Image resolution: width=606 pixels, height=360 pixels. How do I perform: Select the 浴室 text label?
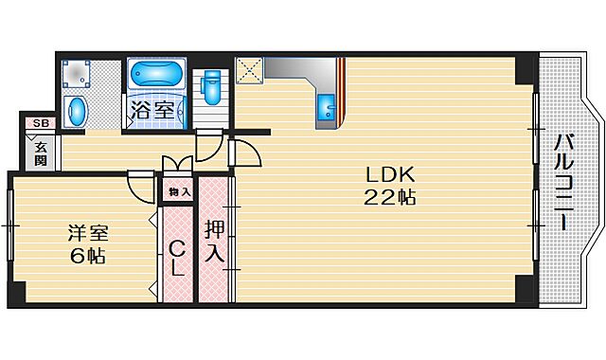pyautogui.click(x=151, y=109)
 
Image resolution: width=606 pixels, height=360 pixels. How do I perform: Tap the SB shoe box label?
pyautogui.click(x=40, y=123)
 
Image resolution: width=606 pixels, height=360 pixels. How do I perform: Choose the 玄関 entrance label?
pyautogui.click(x=41, y=153)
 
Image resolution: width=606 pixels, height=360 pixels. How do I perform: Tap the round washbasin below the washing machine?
pyautogui.click(x=77, y=111)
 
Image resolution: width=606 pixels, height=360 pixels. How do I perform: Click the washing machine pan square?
pyautogui.click(x=77, y=74)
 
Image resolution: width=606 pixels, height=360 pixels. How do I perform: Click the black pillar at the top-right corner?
pyautogui.click(x=524, y=68)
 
